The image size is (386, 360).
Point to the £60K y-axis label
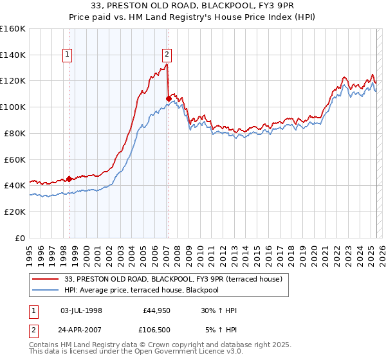click(14, 159)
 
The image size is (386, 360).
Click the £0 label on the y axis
click(19, 238)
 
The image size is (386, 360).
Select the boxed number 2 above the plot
click(167, 55)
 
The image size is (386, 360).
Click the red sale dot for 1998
click(69, 179)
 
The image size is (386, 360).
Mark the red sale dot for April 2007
click(169, 98)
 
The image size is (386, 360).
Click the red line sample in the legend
click(46, 279)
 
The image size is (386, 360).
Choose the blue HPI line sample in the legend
click(46, 290)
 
